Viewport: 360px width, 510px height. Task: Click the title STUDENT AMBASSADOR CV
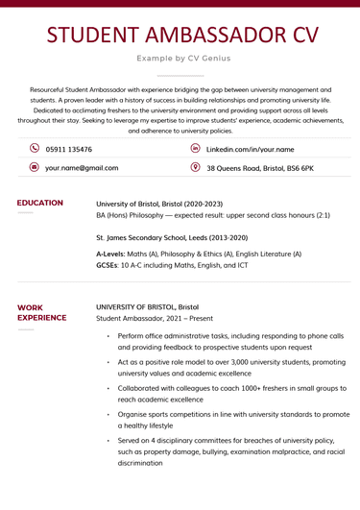tap(180, 35)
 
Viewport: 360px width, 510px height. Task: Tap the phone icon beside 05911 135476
tap(35, 149)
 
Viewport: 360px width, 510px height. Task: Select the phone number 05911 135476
tap(68, 150)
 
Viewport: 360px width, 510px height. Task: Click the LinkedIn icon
tap(196, 149)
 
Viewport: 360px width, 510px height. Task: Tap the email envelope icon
tap(35, 167)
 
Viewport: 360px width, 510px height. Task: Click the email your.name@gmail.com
tap(82, 168)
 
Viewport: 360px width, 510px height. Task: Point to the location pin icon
tap(196, 167)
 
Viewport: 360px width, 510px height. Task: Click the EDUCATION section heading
tap(40, 204)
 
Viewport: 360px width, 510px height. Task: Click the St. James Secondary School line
tap(171, 236)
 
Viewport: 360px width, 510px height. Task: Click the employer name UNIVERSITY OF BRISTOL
tap(155, 307)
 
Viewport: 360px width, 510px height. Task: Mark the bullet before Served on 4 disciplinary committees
tap(108, 440)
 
